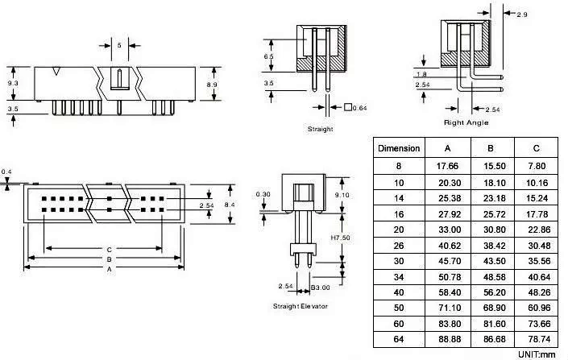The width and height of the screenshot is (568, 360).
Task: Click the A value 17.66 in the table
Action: click(447, 166)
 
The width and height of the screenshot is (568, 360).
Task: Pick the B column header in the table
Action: click(491, 148)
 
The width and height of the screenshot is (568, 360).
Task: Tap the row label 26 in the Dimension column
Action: click(399, 246)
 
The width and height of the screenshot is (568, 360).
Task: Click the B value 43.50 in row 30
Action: click(495, 261)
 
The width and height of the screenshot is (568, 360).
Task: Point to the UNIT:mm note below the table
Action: click(537, 354)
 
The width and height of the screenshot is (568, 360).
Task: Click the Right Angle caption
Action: click(466, 122)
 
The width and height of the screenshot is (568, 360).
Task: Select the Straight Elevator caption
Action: click(301, 306)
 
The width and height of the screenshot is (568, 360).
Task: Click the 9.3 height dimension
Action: click(13, 83)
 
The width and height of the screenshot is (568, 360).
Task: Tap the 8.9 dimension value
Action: click(212, 85)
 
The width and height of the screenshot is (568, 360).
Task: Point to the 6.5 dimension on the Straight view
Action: click(268, 56)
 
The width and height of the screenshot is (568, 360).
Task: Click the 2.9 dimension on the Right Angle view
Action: click(522, 14)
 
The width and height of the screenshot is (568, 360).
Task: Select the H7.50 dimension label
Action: click(341, 238)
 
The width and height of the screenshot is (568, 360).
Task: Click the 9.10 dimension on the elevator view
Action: click(342, 195)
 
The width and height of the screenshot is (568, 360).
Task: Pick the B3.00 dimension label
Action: click(320, 288)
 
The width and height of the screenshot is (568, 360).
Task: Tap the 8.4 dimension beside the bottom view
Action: click(230, 205)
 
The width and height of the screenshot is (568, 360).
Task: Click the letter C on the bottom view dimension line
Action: click(109, 250)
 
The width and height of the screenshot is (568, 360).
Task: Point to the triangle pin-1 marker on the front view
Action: click(56, 72)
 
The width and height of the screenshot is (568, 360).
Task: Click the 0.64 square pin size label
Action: click(355, 108)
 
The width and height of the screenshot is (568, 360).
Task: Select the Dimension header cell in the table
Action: click(399, 148)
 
